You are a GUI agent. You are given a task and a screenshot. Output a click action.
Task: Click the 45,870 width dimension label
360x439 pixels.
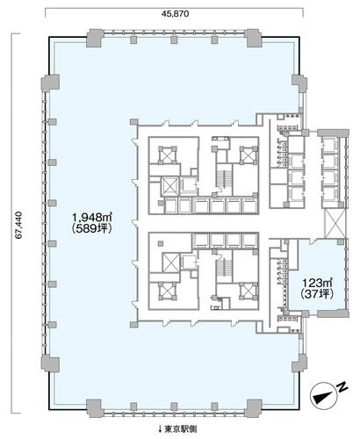click(x=175, y=13)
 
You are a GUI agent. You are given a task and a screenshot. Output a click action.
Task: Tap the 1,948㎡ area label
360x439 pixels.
click(x=92, y=218)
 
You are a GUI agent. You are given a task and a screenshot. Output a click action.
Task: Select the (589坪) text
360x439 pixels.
click(x=92, y=228)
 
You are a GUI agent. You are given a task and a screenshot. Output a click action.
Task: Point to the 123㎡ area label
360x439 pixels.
click(x=318, y=283)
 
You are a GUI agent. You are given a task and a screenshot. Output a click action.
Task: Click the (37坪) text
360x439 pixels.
click(x=317, y=294)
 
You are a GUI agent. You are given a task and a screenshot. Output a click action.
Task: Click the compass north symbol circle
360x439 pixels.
click(x=323, y=395)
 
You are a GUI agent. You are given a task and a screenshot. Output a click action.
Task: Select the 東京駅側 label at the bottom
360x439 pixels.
click(x=181, y=429)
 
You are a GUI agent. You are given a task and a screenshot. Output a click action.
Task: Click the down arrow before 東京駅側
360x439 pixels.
click(x=160, y=429)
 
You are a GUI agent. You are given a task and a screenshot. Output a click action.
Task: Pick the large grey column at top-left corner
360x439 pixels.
click(x=95, y=38)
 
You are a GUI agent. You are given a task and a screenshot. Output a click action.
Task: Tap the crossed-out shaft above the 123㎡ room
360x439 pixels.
click(x=335, y=223)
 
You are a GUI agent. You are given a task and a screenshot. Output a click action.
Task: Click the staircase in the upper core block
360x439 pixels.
click(x=224, y=179)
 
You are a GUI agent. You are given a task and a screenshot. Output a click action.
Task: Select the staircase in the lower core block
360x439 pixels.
click(x=224, y=267)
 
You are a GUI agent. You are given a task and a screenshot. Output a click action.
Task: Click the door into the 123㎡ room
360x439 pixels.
click(x=313, y=241)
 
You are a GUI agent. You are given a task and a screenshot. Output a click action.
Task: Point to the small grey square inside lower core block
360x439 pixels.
click(x=161, y=243)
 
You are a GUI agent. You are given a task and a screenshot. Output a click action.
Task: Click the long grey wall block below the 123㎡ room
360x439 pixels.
click(x=333, y=313)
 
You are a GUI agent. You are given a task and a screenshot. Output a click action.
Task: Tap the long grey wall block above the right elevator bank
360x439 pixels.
click(x=333, y=133)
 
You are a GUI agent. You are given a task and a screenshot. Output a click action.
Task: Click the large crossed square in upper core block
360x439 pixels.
click(x=170, y=186)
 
